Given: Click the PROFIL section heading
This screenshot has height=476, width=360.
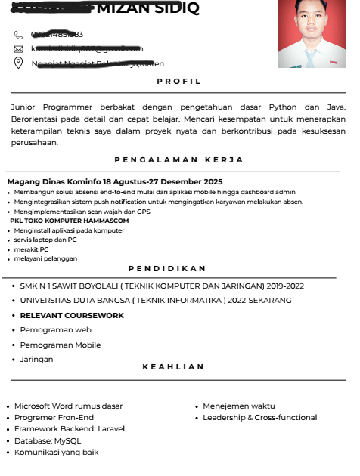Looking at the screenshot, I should pos(178,81).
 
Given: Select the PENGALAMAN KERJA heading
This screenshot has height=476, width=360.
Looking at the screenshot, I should pos(178,159).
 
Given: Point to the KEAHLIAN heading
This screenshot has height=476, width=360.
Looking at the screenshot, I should pos(173,366).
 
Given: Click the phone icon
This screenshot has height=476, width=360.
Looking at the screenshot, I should pos(19,35).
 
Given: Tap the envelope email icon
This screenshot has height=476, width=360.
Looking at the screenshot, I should pos(19,49).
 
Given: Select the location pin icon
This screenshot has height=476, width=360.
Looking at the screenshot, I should pos(19,63).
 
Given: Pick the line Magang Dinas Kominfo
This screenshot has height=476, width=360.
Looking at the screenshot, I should pos(114,182).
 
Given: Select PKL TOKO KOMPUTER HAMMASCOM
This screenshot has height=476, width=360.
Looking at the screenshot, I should pos(74,221).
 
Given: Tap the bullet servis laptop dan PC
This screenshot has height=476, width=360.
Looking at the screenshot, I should pos(45,240).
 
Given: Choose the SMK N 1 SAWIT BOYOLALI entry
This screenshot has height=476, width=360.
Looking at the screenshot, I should pos(162,286).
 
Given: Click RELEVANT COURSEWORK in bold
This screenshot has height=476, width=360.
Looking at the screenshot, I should pos(72,315).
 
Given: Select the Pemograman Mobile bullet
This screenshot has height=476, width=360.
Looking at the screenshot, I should pos(61,345).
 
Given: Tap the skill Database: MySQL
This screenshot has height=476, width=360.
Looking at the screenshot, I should pos(48,440).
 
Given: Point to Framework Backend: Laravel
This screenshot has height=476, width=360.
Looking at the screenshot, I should pos(70,428).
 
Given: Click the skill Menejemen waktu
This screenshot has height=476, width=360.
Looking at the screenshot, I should pos(239,406).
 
